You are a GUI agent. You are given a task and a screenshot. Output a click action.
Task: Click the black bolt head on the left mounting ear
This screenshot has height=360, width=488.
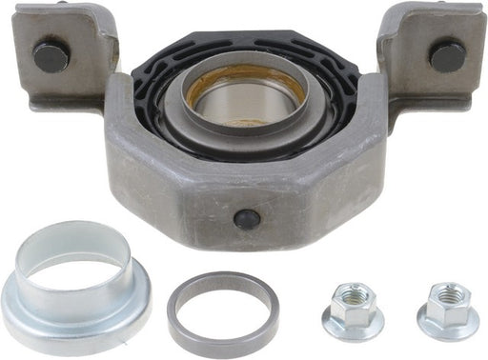point(51,56)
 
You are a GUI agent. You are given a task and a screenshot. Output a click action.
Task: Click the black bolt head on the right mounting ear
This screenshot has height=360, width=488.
point(446,55)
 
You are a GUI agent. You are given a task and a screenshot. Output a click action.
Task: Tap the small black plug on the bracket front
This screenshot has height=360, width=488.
point(247,218)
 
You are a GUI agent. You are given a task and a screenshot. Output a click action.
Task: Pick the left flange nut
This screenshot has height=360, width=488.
point(353,310)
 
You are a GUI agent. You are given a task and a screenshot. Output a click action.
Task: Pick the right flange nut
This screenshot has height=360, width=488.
point(447,309)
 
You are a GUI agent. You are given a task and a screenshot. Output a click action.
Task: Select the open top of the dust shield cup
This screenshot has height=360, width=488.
point(72,250)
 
